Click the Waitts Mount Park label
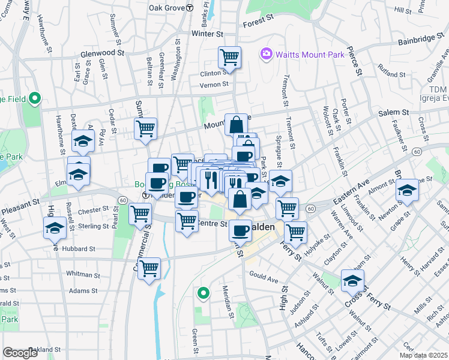coord(310,55)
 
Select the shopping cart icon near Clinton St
coord(229,58)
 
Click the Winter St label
coord(207,34)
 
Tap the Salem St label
coord(393,112)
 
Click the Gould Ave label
coord(264,279)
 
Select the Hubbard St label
coord(79,248)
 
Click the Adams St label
coord(83,290)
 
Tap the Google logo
coord(20,353)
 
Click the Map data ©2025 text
coord(423,355)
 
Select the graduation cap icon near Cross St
coord(352,280)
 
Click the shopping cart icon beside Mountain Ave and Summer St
coord(146,129)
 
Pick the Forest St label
coord(258,24)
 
